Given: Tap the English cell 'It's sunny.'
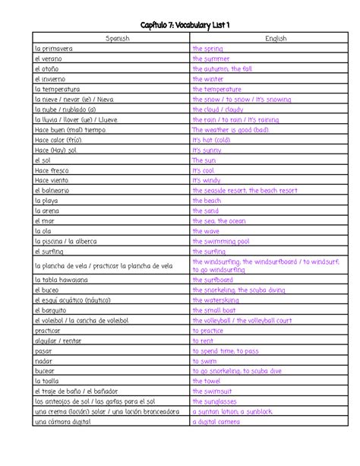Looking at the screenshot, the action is click(207, 151).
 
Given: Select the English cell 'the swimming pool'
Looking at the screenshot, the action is click(219, 241).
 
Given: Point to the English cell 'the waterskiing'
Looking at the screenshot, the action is click(216, 300).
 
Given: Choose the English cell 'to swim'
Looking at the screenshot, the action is click(204, 360).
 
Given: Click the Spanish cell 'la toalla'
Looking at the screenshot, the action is click(46, 380).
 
